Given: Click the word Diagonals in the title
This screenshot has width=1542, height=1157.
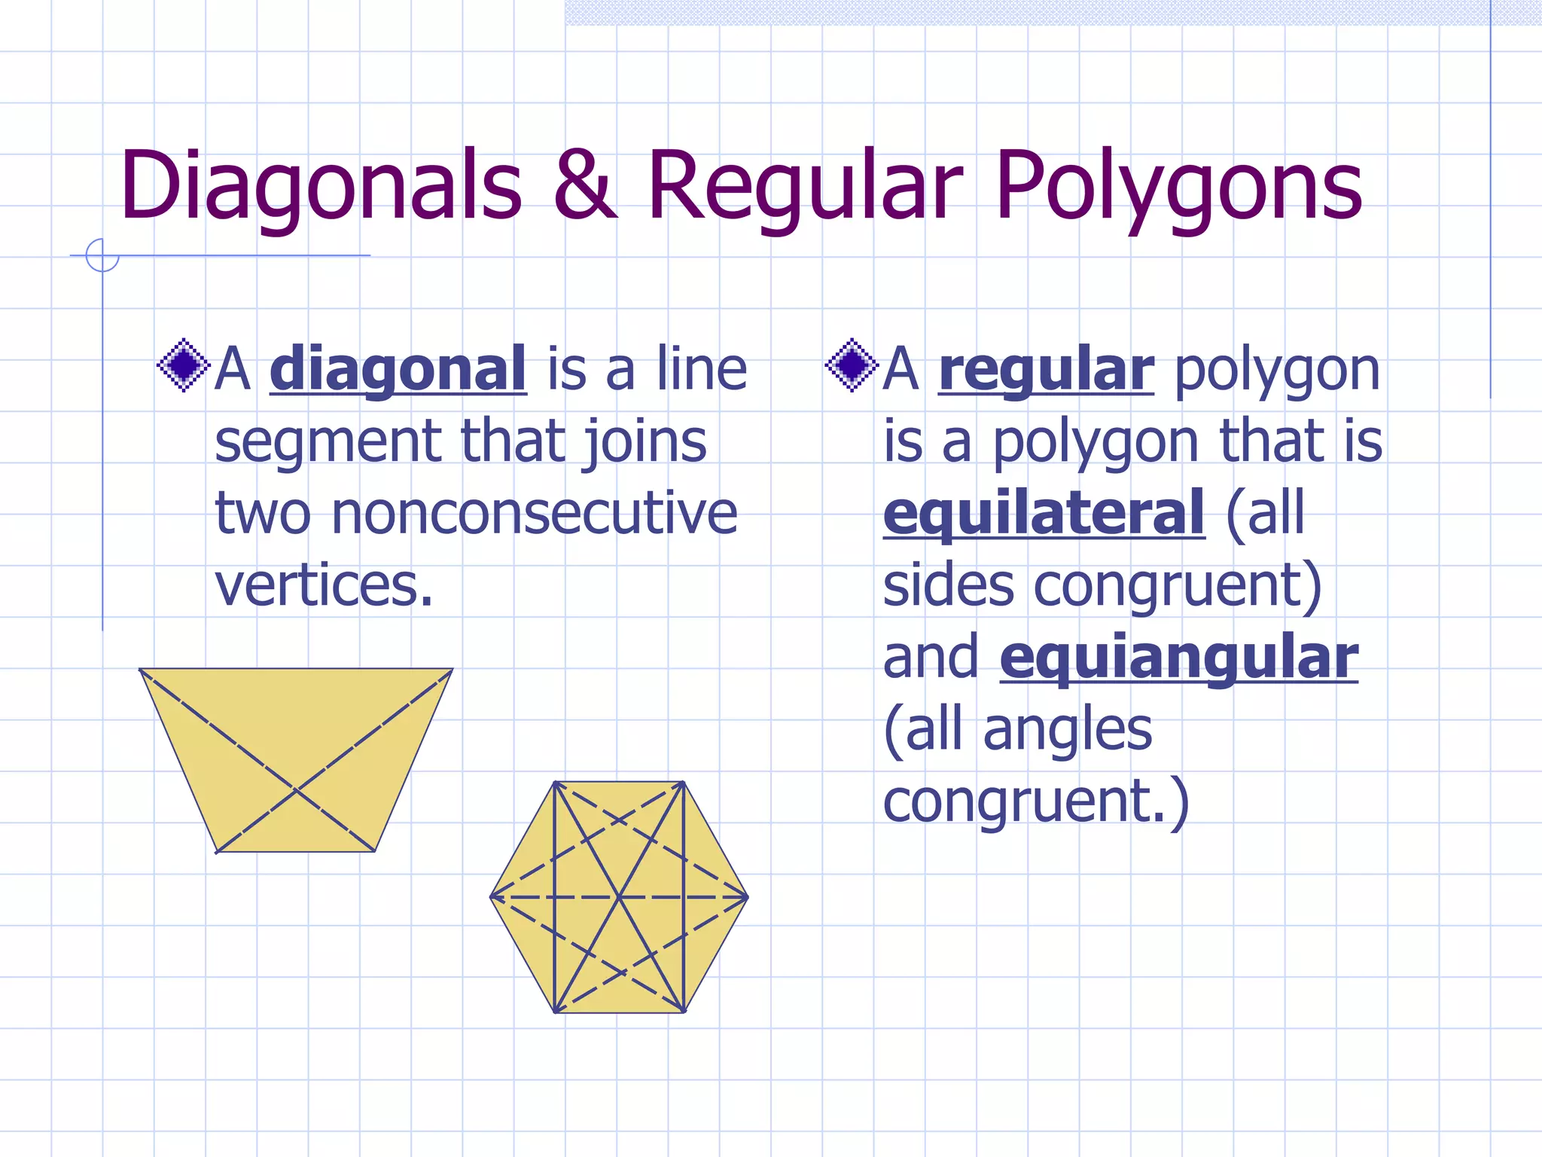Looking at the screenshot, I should [x=320, y=186].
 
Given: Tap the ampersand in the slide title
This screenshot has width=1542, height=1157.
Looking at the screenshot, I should [x=585, y=186].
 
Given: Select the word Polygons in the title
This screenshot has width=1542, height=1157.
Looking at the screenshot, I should [x=1178, y=186].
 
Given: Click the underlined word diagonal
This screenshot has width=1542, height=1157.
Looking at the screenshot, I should [x=398, y=369].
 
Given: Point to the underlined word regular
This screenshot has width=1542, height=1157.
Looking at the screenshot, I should [x=1046, y=369].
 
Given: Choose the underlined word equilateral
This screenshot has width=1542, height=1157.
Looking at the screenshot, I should [x=1044, y=513].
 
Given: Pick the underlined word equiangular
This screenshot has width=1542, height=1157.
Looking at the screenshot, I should [x=1178, y=658].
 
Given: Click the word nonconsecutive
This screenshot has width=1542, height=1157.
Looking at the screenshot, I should [x=534, y=513].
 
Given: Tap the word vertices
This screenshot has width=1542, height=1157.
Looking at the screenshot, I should [x=324, y=585].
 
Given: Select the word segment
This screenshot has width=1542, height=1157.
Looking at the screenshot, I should [x=326, y=441].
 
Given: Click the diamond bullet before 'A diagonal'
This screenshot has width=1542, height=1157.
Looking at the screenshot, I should [x=183, y=366].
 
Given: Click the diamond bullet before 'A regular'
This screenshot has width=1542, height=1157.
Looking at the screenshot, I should [x=852, y=366].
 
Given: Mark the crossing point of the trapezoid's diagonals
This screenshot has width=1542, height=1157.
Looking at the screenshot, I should [x=297, y=789].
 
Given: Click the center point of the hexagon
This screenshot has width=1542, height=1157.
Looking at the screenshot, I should [x=619, y=897].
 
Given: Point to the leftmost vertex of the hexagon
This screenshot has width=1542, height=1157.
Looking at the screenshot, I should [x=491, y=897].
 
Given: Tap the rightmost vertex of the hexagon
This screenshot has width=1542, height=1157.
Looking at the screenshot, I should [x=748, y=897].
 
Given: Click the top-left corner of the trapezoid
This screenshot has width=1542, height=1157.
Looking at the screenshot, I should [x=141, y=669].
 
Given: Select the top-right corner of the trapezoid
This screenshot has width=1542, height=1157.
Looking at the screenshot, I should [x=453, y=669].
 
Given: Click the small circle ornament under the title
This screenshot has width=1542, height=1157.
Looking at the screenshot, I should [x=102, y=255].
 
